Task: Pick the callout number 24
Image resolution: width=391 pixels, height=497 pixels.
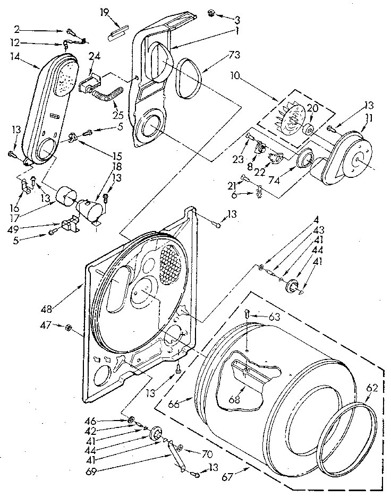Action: pyautogui.click(x=94, y=56)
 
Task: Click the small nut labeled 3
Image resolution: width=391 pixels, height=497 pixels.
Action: pyautogui.click(x=211, y=12)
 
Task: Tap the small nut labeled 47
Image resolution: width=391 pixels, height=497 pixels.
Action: pyautogui.click(x=69, y=328)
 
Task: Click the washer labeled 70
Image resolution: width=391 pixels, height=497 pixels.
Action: pyautogui.click(x=179, y=449)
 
